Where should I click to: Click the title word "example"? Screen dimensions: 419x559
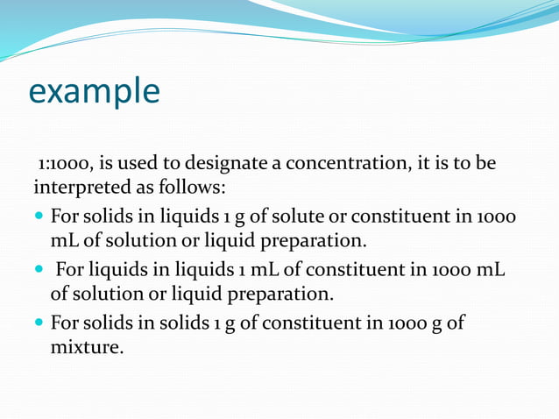[x=95, y=91]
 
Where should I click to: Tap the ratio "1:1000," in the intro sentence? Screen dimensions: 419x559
[x=65, y=164]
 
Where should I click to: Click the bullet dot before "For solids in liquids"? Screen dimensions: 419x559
[x=40, y=216]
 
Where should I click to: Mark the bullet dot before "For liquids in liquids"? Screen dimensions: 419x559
[x=40, y=270]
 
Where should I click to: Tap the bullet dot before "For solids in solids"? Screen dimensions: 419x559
[x=40, y=323]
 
